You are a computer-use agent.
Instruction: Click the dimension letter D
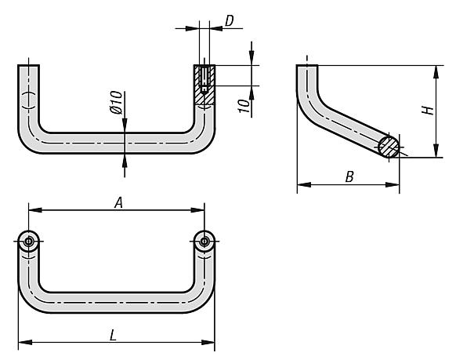point(230,21)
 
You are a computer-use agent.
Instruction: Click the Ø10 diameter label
point(116,102)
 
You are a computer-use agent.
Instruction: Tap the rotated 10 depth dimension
point(244,106)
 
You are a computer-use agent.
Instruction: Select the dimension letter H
point(428,111)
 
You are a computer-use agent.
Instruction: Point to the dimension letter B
point(349,176)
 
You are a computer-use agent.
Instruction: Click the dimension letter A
point(118,202)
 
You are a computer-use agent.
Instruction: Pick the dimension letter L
point(113,335)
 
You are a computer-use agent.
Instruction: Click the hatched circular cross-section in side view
point(389,147)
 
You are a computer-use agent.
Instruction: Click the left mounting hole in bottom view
point(28,242)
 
